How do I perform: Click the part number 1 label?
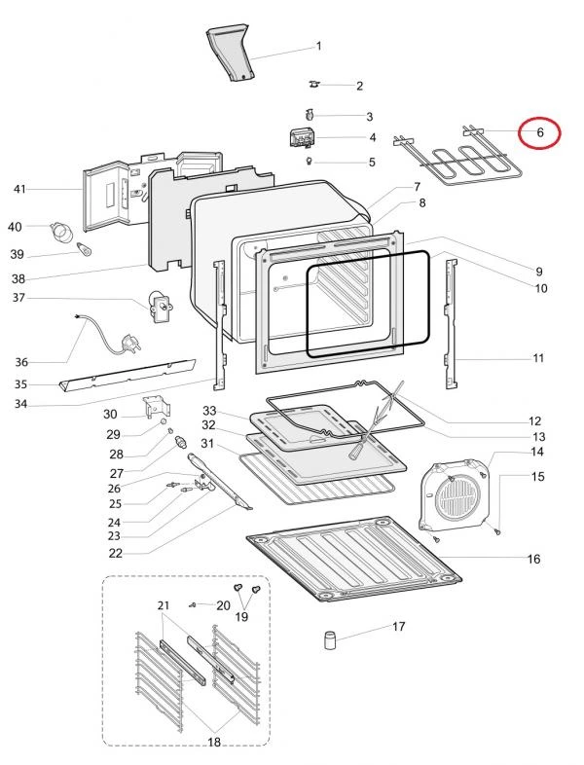click(318, 46)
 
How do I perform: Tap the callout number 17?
click(399, 627)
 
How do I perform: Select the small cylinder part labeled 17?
click(329, 640)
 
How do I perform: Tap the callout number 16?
click(532, 559)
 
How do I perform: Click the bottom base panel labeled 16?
click(350, 559)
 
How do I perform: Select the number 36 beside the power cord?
click(20, 362)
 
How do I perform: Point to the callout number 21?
click(163, 605)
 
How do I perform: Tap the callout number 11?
click(538, 358)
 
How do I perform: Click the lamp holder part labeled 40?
click(63, 232)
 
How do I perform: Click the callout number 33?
click(208, 411)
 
